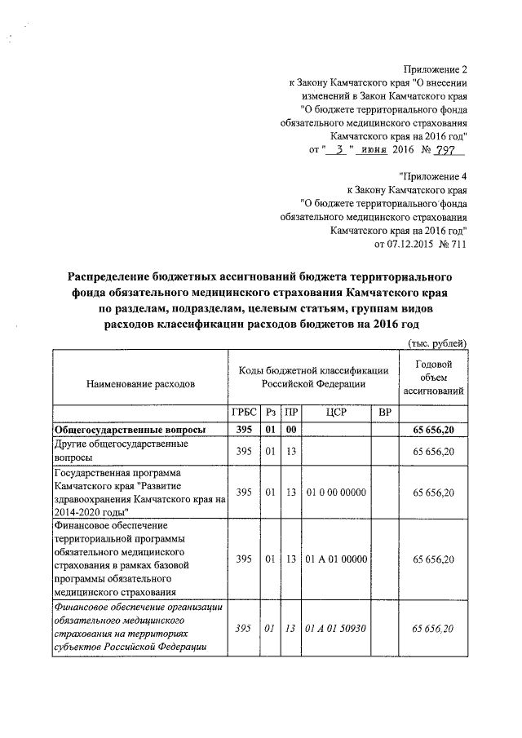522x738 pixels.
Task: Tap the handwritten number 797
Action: click(x=448, y=150)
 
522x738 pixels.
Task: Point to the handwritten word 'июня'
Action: click(x=374, y=150)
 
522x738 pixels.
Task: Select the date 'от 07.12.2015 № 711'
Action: click(x=421, y=243)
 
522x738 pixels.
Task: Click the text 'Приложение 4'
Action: click(x=434, y=176)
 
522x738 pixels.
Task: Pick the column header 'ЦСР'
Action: click(x=336, y=414)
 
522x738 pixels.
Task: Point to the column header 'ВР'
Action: click(x=385, y=414)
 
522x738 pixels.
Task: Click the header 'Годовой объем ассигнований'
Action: click(x=433, y=378)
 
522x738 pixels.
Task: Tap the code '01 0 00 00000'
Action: click(x=336, y=493)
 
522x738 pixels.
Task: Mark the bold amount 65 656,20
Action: click(x=433, y=430)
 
